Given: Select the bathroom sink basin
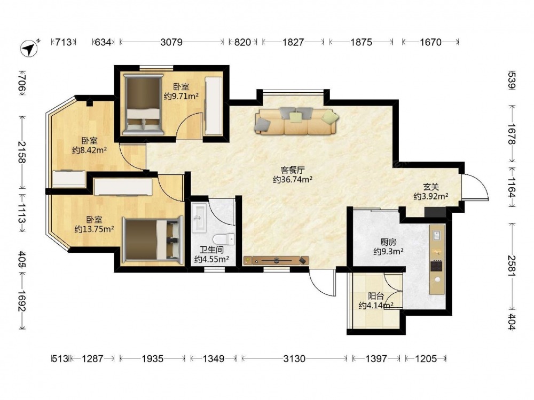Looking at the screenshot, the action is click(x=199, y=218).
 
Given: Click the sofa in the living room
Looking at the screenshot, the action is click(x=296, y=121).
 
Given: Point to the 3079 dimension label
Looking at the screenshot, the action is click(x=171, y=42).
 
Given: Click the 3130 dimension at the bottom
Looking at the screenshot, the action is click(x=294, y=358).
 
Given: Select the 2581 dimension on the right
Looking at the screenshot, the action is click(x=512, y=266).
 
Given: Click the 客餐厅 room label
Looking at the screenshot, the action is click(x=293, y=170).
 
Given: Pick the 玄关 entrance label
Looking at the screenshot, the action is click(x=431, y=187).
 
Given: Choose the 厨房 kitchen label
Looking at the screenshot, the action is click(x=388, y=242).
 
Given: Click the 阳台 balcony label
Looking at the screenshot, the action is click(x=376, y=296).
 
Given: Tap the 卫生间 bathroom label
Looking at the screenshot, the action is click(x=211, y=250).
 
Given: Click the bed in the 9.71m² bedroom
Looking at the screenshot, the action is click(x=143, y=104).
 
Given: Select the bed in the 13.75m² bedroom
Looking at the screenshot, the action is click(x=151, y=241).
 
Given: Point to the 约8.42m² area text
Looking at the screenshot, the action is click(x=90, y=150).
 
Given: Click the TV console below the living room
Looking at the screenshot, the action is click(x=276, y=261).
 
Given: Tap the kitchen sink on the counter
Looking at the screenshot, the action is click(x=437, y=235).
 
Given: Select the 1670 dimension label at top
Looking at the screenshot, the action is click(x=430, y=42).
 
